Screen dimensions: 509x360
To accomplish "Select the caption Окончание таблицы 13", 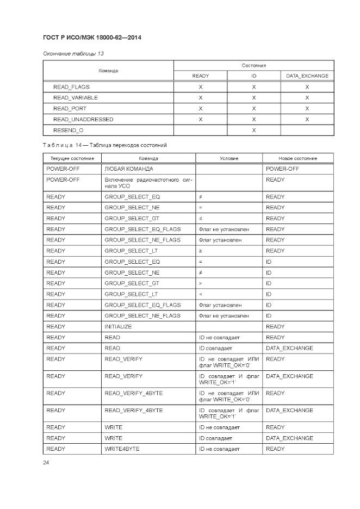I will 73,54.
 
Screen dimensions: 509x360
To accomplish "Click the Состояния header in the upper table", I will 253,65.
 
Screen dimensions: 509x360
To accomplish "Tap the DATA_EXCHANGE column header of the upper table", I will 307,76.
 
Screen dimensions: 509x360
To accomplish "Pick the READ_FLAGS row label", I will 71,87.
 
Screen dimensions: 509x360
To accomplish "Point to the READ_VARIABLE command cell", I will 76,98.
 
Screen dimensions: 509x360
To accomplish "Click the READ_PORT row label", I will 70,109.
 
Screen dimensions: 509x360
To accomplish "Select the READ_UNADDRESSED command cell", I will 83,120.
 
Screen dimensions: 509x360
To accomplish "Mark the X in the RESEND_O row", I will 253,131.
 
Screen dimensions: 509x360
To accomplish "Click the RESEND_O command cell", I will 69,131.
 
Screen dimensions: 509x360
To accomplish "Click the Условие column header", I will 229,158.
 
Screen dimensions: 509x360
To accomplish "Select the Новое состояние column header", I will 297,158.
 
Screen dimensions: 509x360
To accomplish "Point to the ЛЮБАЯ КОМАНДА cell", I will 129,169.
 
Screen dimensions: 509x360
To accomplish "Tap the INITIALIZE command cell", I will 118,327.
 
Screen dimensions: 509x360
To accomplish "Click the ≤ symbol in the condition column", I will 201,219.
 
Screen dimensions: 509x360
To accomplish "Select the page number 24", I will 46,463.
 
